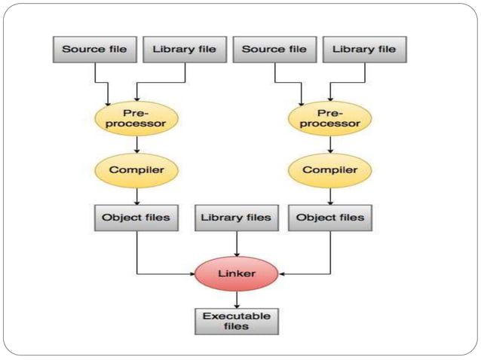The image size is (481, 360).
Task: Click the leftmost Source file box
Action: (95, 50)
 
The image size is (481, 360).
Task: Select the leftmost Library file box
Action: (184, 50)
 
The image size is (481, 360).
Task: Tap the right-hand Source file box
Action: (274, 50)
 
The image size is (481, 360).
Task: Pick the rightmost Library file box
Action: (364, 50)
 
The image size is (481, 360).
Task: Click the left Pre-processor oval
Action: (136, 117)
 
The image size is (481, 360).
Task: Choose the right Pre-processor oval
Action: (330, 117)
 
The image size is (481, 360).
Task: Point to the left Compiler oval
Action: (136, 169)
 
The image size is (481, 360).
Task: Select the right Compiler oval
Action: (330, 169)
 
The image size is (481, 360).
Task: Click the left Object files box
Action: (136, 218)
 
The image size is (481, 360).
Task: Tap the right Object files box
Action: (330, 218)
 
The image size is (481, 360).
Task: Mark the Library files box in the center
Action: (237, 218)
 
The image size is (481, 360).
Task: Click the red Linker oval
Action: (237, 273)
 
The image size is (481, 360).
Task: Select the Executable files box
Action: (237, 321)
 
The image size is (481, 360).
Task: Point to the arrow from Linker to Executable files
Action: (237, 300)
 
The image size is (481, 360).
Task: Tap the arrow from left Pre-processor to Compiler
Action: (136, 144)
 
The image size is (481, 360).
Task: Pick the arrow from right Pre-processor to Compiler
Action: (330, 144)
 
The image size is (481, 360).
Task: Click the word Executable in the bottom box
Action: (237, 316)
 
